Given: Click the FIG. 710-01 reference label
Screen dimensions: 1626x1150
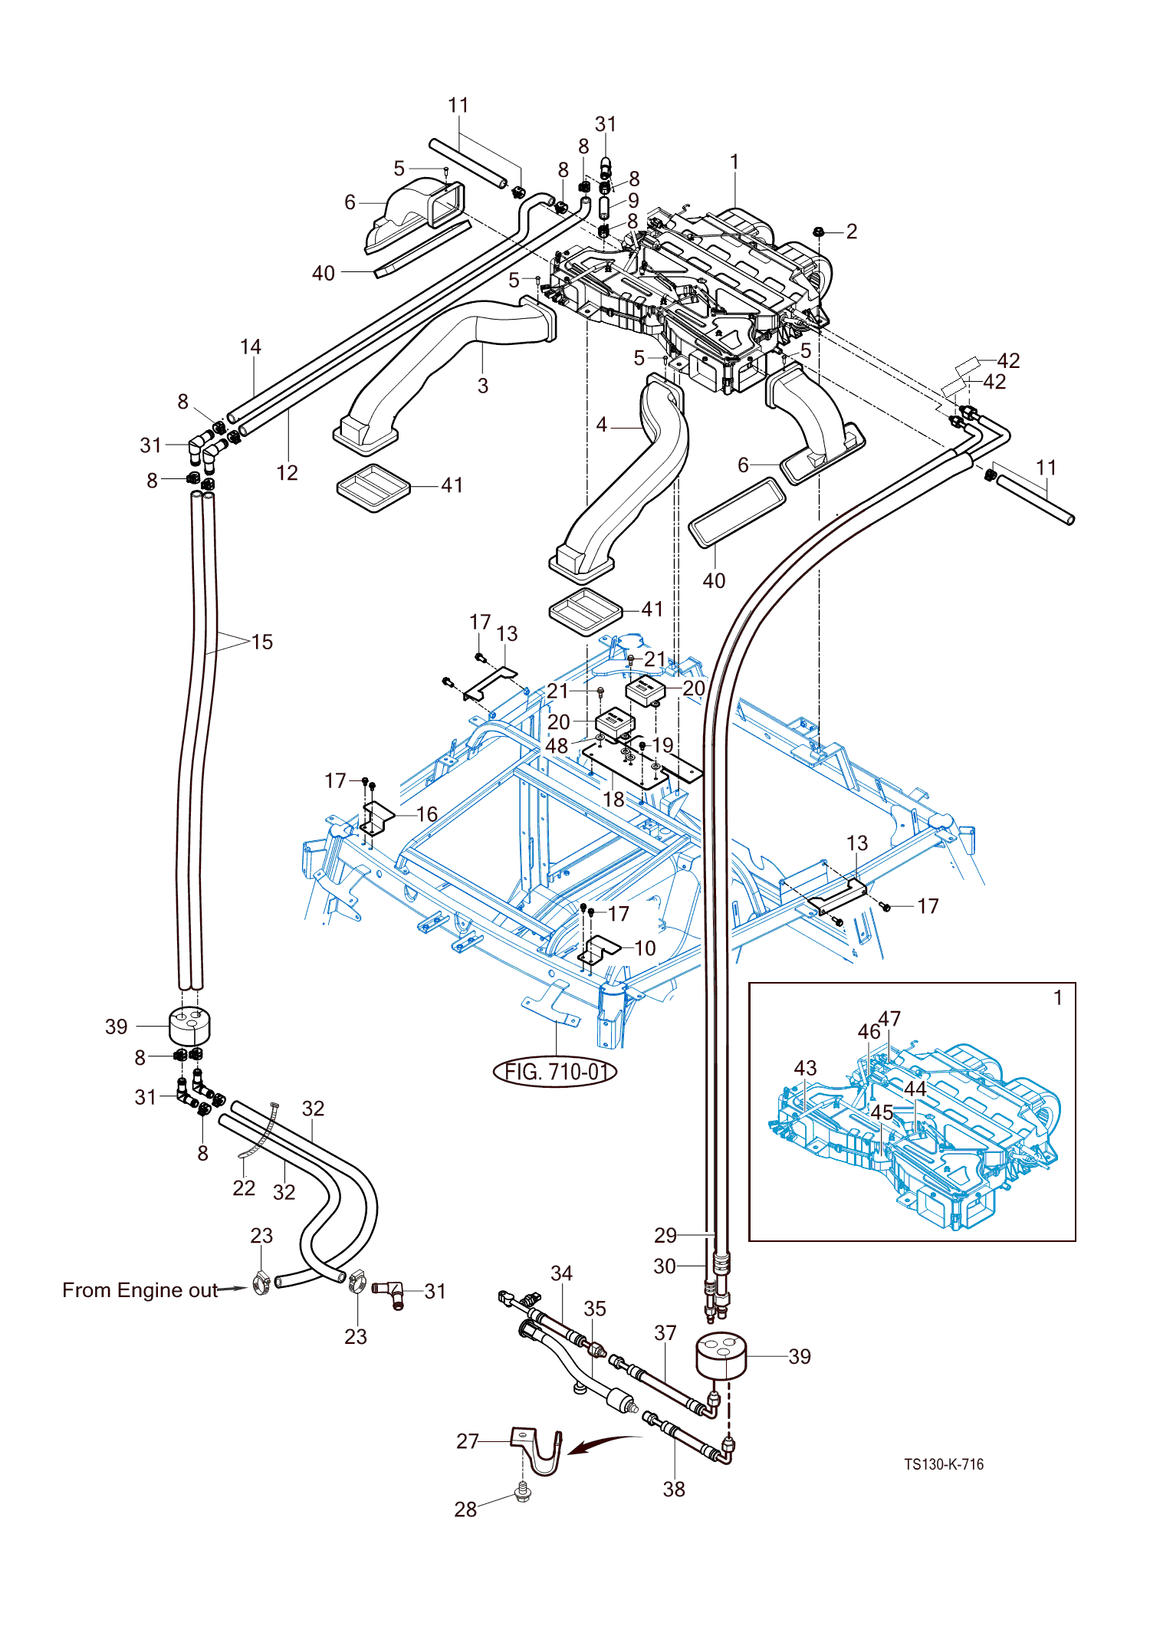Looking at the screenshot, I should point(555,1071).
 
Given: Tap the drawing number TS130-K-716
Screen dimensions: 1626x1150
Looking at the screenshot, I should point(943,1464).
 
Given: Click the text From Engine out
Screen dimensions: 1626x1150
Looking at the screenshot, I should point(140,1290).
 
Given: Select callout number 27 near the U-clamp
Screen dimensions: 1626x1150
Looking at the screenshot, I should point(467,1441).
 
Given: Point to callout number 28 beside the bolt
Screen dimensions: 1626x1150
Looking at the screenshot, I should point(465,1509).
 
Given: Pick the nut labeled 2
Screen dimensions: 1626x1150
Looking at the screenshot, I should point(818,231).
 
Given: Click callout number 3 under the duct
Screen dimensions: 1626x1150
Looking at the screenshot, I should point(482,386).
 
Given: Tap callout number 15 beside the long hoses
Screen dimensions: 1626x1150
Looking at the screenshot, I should point(261,642).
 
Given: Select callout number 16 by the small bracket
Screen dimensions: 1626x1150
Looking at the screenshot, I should point(426,813).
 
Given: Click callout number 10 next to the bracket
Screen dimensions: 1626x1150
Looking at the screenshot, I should point(645,948).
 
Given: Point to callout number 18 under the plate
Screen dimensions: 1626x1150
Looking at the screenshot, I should point(613,799).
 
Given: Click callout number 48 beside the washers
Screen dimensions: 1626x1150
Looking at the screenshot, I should point(557,745).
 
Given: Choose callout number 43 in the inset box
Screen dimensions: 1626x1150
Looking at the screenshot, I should point(805,1068).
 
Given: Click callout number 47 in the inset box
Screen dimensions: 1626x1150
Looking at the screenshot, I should point(889,1019).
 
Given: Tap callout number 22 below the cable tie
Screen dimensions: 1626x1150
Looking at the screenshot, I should point(244,1187).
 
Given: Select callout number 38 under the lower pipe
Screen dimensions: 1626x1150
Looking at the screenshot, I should point(674,1489).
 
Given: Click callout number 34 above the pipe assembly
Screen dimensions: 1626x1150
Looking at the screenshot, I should point(561,1273).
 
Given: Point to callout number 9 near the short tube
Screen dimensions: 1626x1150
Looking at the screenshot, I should point(633,200).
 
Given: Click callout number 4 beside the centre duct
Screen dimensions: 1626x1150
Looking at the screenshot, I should point(602,425).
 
